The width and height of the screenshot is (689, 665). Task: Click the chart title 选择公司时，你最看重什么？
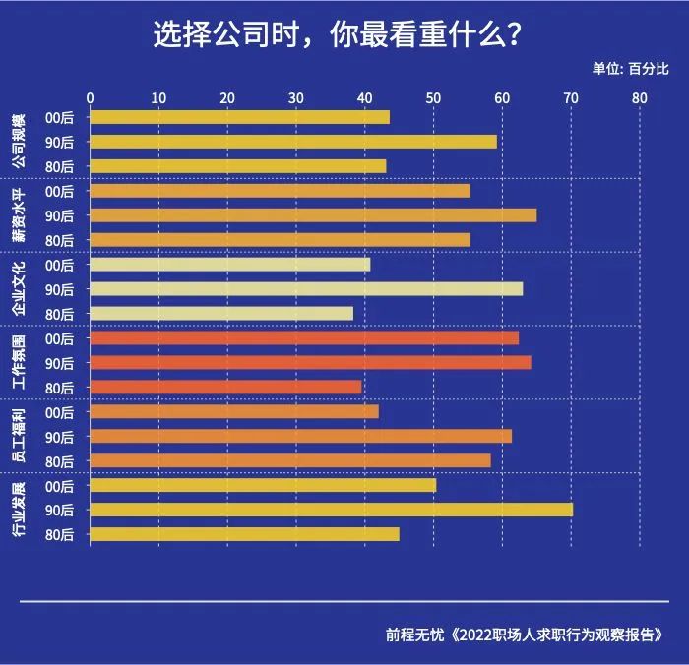338,34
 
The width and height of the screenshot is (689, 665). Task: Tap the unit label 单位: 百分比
630,68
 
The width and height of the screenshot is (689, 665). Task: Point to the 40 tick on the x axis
364,97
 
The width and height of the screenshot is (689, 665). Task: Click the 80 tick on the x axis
640,97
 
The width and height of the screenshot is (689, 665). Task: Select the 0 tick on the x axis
91,97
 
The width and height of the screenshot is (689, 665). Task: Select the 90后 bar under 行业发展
331,510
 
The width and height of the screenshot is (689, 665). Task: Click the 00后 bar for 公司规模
239,117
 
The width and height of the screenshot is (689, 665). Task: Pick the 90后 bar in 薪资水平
313,215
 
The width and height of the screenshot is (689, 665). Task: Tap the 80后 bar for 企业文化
220,314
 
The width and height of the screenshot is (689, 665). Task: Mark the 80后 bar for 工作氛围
225,388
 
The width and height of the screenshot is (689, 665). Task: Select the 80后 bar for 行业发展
244,534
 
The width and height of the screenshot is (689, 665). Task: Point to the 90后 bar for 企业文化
306,289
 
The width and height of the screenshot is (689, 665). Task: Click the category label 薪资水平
18,215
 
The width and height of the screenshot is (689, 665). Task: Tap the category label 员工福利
18,437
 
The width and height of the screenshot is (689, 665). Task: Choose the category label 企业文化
18,289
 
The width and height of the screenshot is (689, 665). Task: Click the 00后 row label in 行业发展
60,486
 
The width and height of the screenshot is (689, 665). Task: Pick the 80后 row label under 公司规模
60,166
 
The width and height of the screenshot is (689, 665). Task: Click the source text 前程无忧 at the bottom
414,635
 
